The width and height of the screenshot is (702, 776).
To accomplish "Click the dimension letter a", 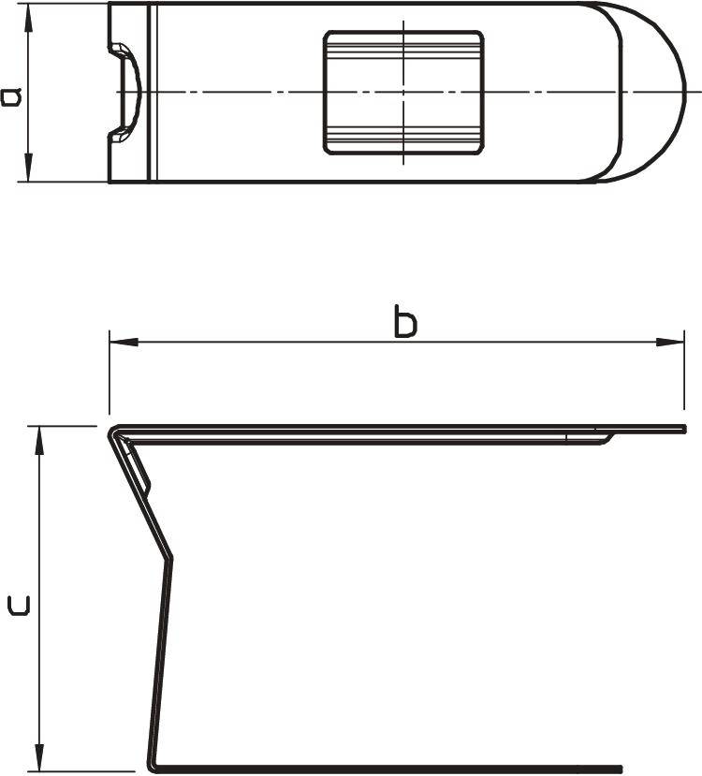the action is click(11, 97).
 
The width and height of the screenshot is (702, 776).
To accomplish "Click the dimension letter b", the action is click(405, 322).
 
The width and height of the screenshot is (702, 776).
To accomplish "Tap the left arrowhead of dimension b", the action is click(124, 342).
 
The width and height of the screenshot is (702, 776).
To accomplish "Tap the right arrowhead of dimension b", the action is click(670, 342).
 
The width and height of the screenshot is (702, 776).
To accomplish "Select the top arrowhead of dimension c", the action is click(40, 440).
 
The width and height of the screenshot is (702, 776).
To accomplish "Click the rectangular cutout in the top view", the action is click(403, 93).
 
